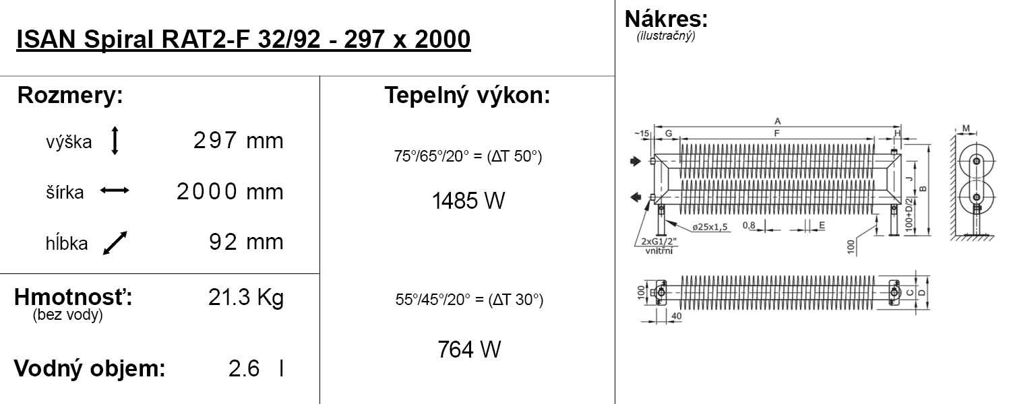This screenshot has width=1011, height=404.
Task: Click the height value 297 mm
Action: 238,141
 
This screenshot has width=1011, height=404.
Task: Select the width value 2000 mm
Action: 230,192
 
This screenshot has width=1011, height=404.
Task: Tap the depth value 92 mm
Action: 246,242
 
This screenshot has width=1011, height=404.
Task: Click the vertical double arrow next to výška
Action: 115,141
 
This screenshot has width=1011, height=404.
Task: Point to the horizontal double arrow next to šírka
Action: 115,191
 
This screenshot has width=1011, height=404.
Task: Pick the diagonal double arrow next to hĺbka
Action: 115,243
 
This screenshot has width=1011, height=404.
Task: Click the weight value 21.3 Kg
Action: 246,298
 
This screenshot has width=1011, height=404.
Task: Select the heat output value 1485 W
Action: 468,201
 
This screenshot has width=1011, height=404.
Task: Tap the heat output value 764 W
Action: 469,350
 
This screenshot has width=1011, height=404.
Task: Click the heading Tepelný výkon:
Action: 468,96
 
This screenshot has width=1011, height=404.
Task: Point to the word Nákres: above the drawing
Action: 666,19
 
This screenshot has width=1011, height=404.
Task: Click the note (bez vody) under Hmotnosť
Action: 67,316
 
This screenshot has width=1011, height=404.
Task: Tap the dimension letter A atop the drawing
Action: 777,121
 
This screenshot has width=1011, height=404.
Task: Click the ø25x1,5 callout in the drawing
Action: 709,227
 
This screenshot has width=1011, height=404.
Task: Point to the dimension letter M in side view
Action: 966,128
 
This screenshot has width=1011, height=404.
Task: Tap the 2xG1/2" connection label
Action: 658,241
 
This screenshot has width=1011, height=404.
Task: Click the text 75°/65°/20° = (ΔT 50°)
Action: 468,157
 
